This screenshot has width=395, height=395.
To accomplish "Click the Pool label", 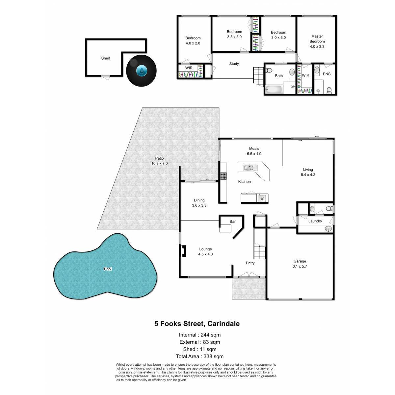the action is pos(108,269).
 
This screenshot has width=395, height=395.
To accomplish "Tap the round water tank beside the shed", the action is pos(141,71).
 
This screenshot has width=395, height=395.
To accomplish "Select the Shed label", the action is pos(106,58).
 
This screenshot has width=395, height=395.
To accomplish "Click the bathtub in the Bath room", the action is pos(274,90).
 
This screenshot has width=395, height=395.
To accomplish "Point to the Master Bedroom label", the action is pos(317,39).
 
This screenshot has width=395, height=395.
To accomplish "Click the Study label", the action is pos(234,64).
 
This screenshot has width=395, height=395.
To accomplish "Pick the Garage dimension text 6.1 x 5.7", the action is pos(300,266).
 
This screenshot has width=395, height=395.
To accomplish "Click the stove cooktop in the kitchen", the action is pos(224,176).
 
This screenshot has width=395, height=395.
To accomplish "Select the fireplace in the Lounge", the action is pos(183,251).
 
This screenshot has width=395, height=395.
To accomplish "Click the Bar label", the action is pos(232,222).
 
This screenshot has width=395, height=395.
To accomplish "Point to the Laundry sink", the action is pos(328,228).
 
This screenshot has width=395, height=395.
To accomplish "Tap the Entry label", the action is pos(250,263).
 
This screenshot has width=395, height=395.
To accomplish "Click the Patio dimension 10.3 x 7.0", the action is pos(159,163).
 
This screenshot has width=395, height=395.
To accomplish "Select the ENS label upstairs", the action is pos(327,74).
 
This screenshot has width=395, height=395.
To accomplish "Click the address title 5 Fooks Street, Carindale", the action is pos(197,324).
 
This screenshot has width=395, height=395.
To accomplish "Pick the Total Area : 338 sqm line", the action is pos(200,356).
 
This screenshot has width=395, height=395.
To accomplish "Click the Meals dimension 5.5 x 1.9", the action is pos(254,154).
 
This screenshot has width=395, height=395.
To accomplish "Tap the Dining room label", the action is pos(199,200).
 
